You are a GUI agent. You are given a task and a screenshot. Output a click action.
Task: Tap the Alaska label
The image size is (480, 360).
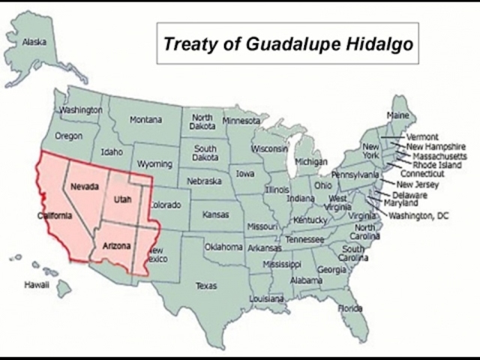[x=34, y=42]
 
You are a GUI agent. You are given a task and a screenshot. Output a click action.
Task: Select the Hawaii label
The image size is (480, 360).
[x=36, y=285]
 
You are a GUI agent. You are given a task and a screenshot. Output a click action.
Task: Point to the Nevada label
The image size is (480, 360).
[x=85, y=186]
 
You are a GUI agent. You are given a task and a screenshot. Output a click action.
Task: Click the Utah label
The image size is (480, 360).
[x=122, y=200]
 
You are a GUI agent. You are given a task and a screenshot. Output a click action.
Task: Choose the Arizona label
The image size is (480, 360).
[x=115, y=245]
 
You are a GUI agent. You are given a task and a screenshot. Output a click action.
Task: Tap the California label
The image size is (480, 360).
[x=55, y=216]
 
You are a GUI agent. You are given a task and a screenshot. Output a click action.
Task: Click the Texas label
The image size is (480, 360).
[x=205, y=286]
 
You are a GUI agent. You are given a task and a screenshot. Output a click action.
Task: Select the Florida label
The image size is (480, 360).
[x=349, y=308]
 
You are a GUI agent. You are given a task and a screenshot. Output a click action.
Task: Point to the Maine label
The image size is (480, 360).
[x=397, y=115]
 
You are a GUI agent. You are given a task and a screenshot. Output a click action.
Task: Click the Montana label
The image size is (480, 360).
[x=145, y=120]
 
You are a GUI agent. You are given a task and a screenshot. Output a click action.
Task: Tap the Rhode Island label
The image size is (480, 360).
[x=435, y=165]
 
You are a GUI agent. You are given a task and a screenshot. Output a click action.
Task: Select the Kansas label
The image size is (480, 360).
[x=214, y=215]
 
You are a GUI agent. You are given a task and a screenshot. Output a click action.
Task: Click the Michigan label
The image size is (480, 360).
[x=310, y=161]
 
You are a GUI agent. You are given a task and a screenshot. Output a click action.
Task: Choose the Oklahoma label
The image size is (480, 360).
[x=223, y=247]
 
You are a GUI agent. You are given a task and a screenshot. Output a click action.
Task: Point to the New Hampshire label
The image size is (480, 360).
[x=436, y=147]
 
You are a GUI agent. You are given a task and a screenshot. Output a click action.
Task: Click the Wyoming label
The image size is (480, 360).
[x=154, y=164]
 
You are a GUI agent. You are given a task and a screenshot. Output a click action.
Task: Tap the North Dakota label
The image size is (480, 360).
[x=202, y=122]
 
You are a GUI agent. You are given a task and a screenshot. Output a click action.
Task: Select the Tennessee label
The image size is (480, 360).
[x=304, y=240]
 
